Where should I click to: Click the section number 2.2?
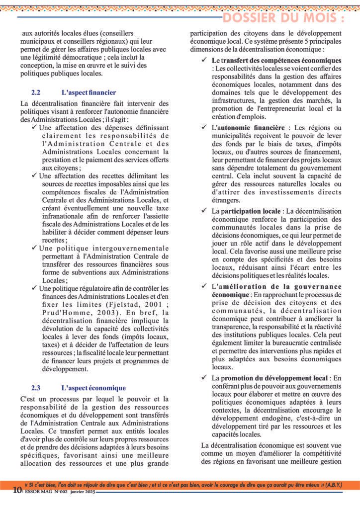click(x=35, y=92)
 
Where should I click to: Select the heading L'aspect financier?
click(x=89, y=92)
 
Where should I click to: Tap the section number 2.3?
click(x=35, y=388)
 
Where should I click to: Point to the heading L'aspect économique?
click(x=93, y=388)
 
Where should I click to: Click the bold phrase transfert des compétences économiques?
click(x=278, y=60)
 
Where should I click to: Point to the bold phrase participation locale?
click(x=256, y=212)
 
